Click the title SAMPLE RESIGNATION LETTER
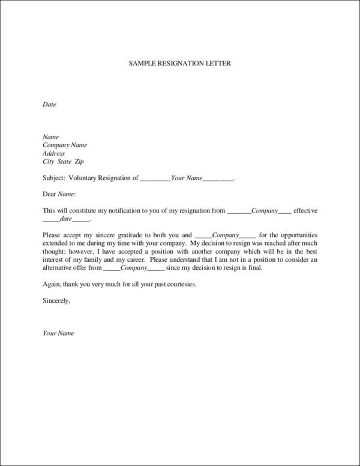pyautogui.click(x=179, y=62)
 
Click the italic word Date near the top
pyautogui.click(x=49, y=104)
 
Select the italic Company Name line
pyautogui.click(x=65, y=145)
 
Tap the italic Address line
pyautogui.click(x=54, y=154)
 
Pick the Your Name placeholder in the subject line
pyautogui.click(x=187, y=178)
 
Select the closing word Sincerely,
pyautogui.click(x=57, y=300)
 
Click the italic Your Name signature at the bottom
pyautogui.click(x=58, y=333)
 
